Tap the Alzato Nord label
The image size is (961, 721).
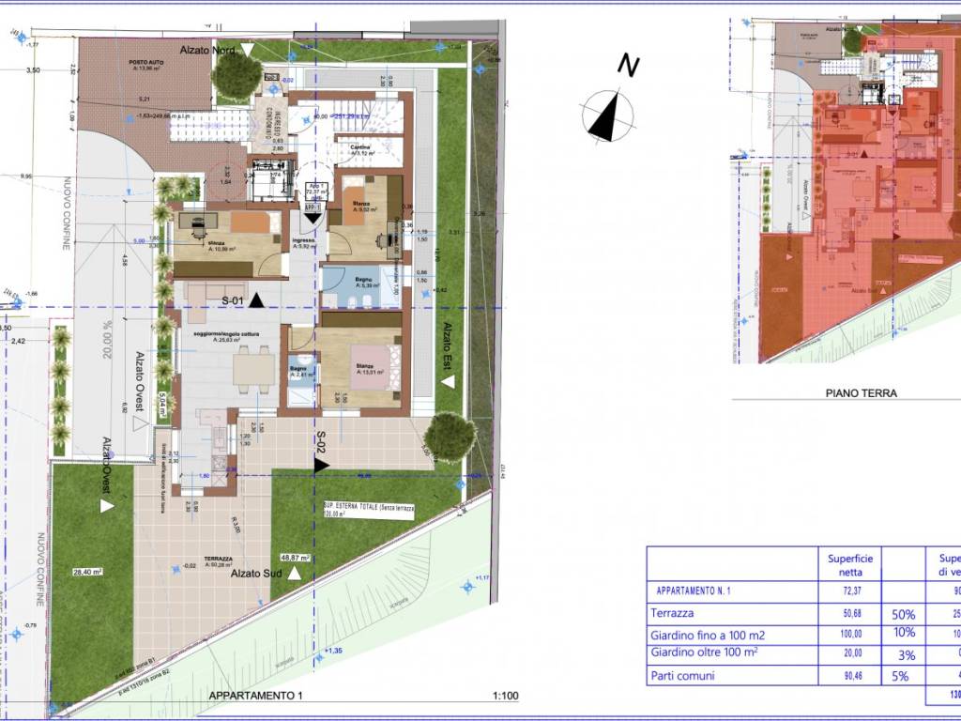[x=208, y=48]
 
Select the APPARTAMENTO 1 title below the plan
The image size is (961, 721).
[x=257, y=696]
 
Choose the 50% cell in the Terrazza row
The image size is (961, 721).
[x=904, y=613]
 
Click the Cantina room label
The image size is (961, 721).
[x=360, y=147]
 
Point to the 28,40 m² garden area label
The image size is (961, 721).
[x=86, y=571]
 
